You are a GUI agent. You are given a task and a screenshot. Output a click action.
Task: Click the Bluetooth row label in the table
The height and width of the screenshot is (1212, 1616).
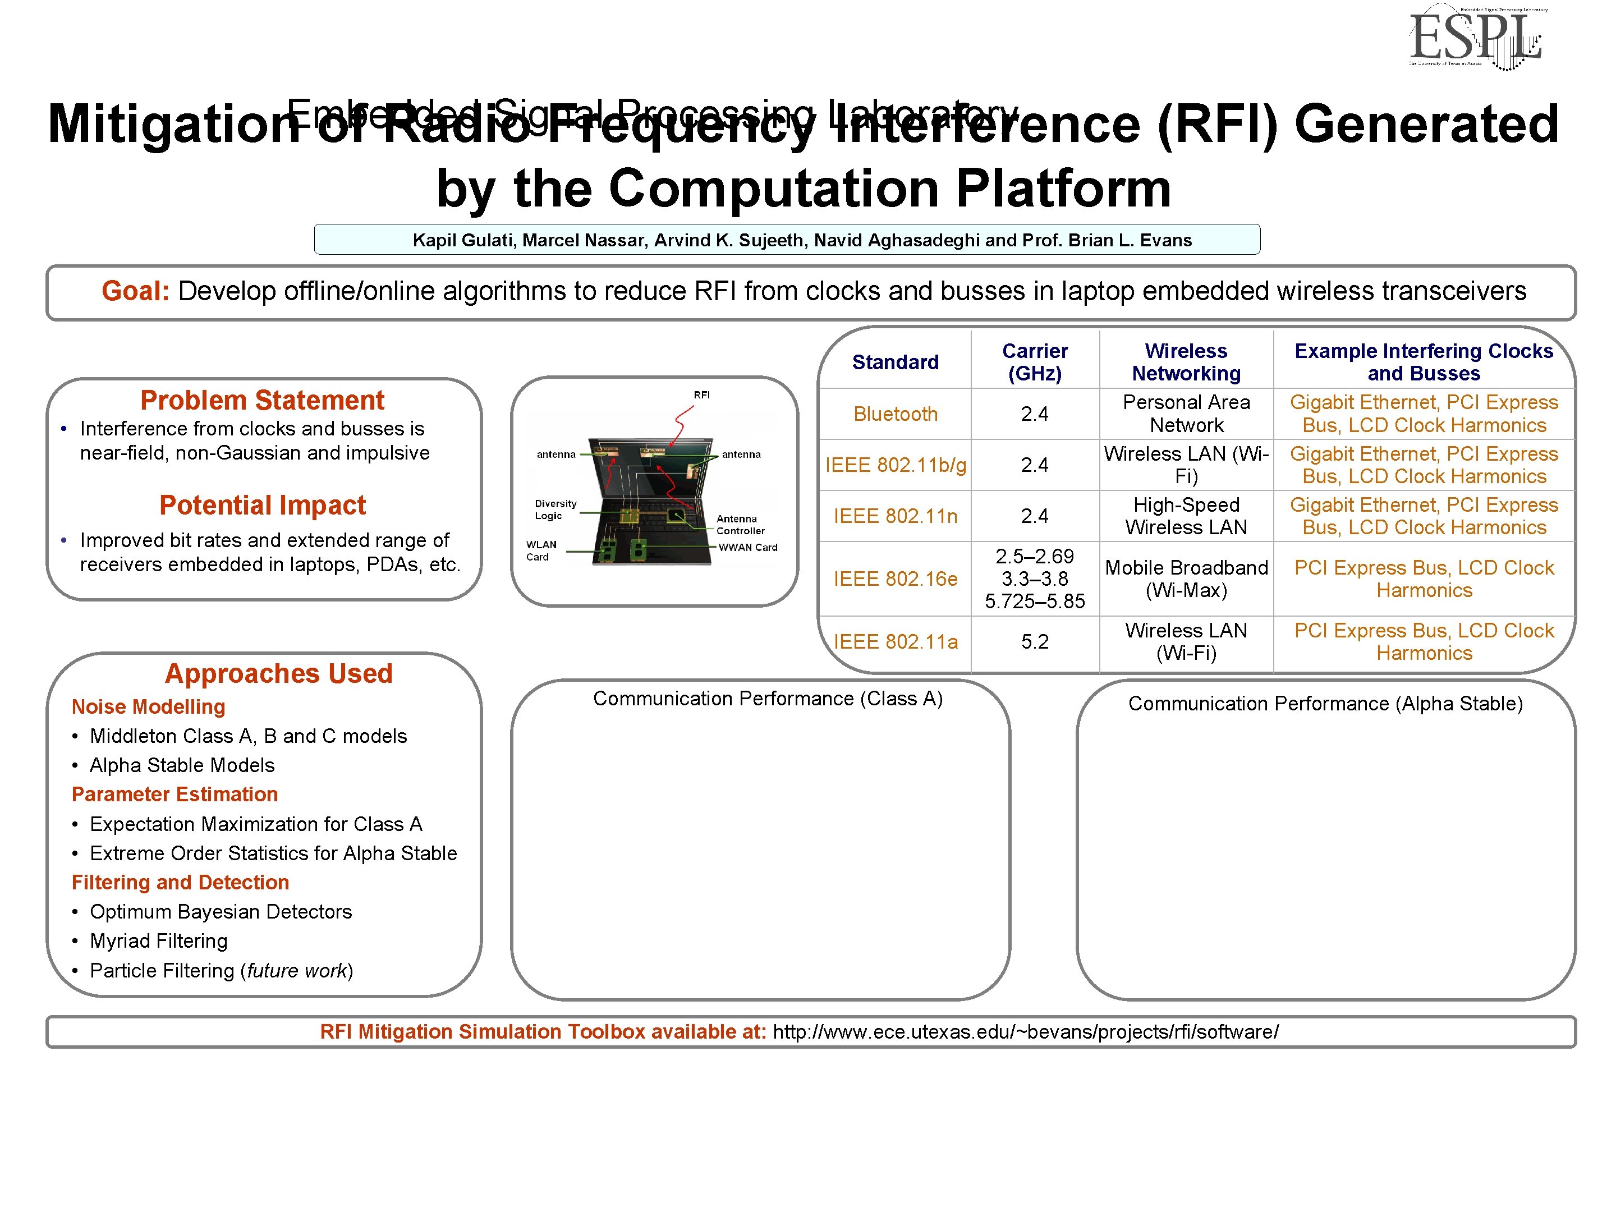895,414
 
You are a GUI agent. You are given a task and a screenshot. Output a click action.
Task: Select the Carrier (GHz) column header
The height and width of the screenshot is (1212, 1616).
1035,362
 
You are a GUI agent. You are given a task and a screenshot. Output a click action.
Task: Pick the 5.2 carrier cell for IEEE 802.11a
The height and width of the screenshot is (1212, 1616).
1035,641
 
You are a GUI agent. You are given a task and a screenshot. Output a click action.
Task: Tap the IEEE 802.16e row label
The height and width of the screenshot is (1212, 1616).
895,579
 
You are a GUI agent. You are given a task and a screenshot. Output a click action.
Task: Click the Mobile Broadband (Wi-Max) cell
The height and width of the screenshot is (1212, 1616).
1186,579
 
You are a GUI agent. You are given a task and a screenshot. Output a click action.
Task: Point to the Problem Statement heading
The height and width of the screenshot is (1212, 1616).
261,400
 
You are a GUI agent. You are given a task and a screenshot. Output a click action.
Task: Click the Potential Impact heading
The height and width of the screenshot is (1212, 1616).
262,505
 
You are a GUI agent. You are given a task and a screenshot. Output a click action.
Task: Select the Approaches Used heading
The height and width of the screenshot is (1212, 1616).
278,673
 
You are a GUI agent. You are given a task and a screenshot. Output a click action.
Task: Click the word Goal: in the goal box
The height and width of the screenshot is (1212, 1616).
135,291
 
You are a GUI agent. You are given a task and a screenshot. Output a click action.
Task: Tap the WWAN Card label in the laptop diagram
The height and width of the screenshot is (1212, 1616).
747,547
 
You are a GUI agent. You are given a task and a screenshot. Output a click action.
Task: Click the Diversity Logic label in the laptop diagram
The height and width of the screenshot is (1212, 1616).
555,509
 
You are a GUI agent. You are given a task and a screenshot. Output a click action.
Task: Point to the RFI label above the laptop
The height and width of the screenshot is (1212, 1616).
701,394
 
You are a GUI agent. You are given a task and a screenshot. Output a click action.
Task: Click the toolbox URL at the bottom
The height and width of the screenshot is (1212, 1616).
1026,1031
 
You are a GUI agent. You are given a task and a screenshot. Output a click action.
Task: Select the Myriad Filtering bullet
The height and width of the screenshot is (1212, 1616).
159,941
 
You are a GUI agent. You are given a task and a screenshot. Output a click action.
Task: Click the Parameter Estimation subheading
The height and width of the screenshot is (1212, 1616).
175,794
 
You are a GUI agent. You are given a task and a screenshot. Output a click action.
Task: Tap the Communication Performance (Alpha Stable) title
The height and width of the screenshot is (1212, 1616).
1325,704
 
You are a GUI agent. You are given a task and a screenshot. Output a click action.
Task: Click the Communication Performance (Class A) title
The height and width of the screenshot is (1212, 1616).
768,699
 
